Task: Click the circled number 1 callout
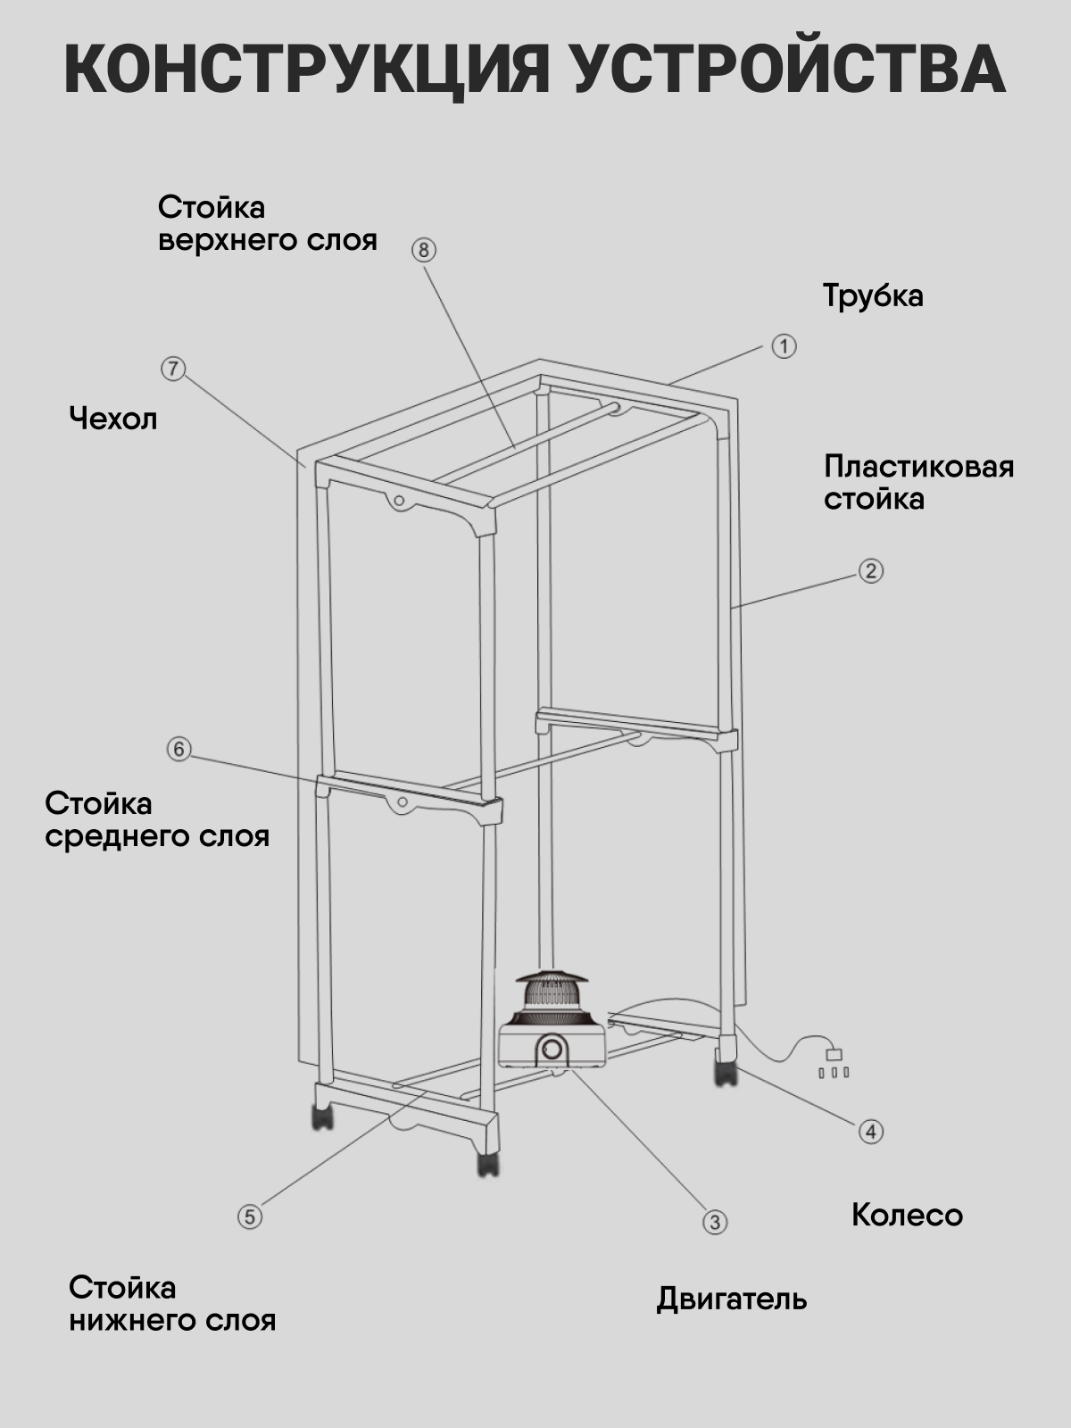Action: (x=784, y=346)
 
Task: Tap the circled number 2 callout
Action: (x=871, y=570)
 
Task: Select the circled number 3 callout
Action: (x=715, y=1222)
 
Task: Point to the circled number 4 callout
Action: (x=871, y=1132)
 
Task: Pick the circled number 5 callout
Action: (x=250, y=1216)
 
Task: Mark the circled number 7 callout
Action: (x=173, y=368)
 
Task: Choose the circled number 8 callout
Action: (x=424, y=250)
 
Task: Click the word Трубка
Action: (x=873, y=295)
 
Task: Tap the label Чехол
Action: (x=113, y=419)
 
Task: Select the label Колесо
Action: (x=907, y=1215)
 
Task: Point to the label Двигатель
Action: (x=732, y=1299)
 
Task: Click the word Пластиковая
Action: (x=918, y=466)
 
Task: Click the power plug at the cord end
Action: (x=834, y=1055)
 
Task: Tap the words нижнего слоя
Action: (x=172, y=1320)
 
